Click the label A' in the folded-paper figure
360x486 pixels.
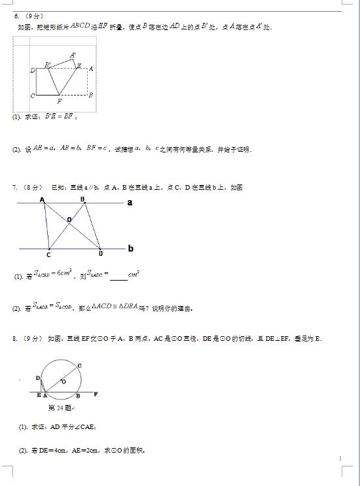pyautogui.click(x=73, y=55)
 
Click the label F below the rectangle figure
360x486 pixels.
pyautogui.click(x=60, y=101)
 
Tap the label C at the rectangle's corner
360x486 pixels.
pyautogui.click(x=32, y=95)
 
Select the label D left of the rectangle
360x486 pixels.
pyautogui.click(x=32, y=69)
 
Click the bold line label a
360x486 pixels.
pyautogui.click(x=130, y=203)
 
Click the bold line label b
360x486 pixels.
pyautogui.click(x=131, y=249)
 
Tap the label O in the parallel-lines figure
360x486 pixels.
pyautogui.click(x=69, y=220)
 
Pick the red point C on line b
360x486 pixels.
pyautogui.click(x=49, y=249)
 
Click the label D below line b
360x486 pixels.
pyautogui.click(x=100, y=254)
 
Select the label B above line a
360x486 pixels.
pyautogui.click(x=82, y=198)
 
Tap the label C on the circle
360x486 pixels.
pyautogui.click(x=80, y=365)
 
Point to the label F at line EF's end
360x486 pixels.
pyautogui.click(x=96, y=394)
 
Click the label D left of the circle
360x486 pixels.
pyautogui.click(x=38, y=378)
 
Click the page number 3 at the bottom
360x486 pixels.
pyautogui.click(x=340, y=459)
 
